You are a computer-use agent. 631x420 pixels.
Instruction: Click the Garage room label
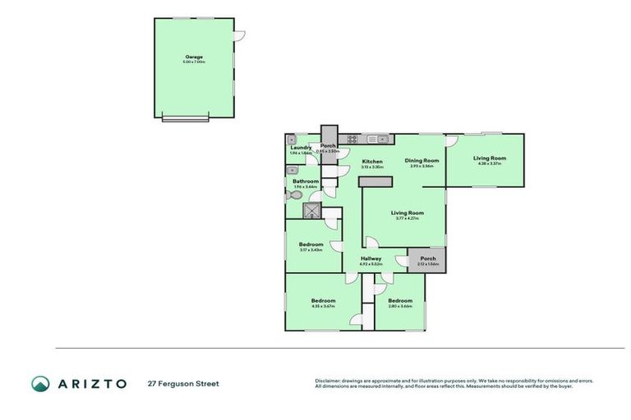194,57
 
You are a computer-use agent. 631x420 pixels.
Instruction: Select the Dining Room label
424,161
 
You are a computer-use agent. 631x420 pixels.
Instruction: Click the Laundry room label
301,148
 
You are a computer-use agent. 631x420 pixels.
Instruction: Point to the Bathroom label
306,181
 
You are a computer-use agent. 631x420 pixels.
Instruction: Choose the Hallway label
371,259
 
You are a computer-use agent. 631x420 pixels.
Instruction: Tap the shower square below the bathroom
311,211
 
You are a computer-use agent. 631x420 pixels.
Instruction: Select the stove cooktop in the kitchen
351,139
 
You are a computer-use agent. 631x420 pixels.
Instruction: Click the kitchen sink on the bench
375,139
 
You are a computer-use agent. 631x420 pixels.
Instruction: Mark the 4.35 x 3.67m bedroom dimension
323,306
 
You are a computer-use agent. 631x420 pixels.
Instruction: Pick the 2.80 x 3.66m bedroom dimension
400,306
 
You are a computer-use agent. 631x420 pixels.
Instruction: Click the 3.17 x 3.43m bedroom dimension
311,249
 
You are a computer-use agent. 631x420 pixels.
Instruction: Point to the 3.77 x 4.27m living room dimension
407,218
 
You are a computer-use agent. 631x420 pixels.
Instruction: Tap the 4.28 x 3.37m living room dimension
489,163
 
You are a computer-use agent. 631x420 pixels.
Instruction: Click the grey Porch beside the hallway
428,260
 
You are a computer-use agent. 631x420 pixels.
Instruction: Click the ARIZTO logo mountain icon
41,383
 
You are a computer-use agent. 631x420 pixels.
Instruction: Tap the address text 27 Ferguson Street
183,383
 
